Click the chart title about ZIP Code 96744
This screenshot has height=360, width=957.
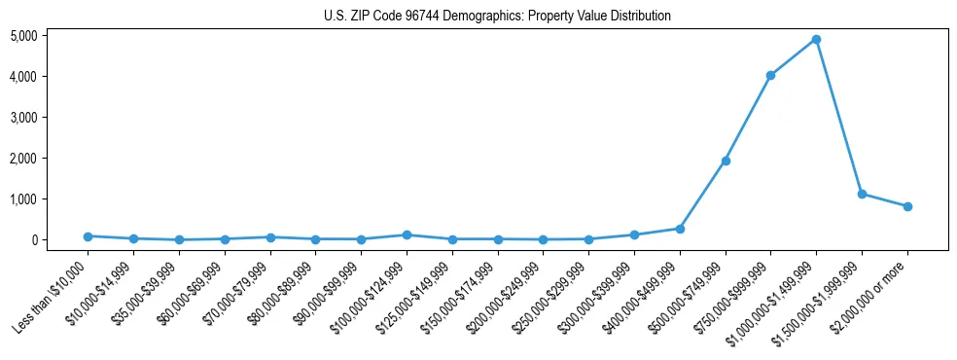[497, 17]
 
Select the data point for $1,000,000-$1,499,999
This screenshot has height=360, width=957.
[816, 39]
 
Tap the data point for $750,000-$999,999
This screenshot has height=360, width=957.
[770, 75]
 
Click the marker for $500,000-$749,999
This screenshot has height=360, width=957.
[726, 161]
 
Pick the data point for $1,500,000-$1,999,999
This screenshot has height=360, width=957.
[862, 194]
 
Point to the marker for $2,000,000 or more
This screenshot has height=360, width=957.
[907, 206]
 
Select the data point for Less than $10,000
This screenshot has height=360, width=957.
[88, 236]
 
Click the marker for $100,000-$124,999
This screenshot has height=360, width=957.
[407, 234]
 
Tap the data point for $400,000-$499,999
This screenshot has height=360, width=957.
[680, 229]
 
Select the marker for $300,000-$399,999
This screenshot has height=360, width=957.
[634, 234]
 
